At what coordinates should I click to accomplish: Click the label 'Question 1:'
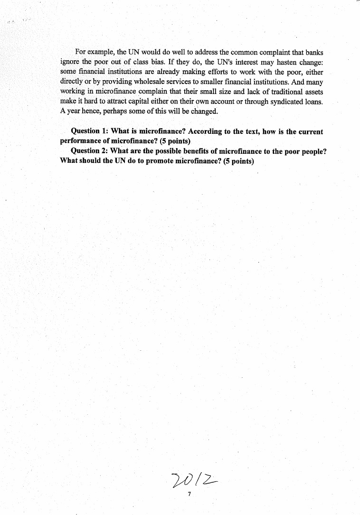[89, 131]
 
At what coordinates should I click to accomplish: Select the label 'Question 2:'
[89, 151]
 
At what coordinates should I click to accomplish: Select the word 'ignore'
[70, 62]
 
